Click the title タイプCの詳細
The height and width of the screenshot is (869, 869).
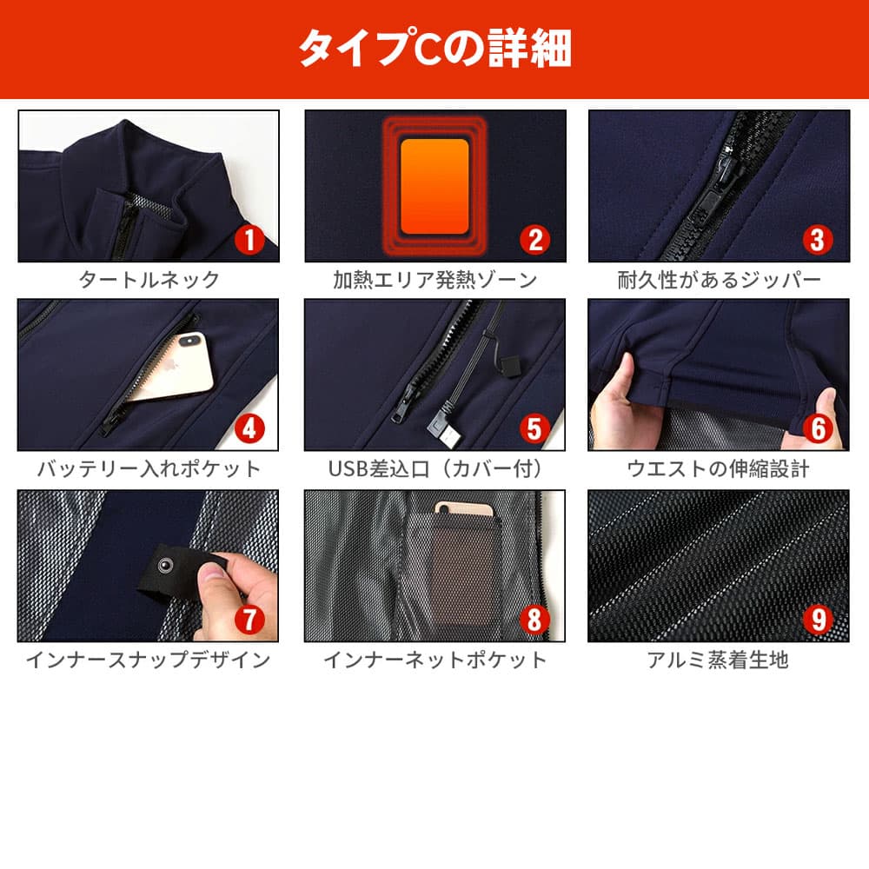(435, 48)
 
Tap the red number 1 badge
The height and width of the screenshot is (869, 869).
(249, 240)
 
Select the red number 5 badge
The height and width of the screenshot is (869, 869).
(534, 428)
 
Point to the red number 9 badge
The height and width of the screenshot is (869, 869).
(819, 620)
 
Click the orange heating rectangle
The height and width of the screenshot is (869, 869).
(434, 186)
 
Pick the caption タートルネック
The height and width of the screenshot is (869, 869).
(149, 280)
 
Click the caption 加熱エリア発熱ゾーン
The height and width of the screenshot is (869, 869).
(435, 280)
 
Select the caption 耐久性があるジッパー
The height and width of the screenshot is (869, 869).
(719, 280)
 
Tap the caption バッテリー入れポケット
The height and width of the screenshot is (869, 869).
(149, 469)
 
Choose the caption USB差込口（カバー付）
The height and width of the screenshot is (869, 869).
(435, 469)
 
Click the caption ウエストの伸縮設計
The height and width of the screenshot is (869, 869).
(719, 469)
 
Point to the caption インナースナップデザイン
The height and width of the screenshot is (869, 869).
(149, 660)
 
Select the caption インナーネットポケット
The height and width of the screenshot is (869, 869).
(435, 660)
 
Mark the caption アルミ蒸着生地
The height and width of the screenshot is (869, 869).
(719, 660)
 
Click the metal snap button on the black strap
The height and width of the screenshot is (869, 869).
(164, 566)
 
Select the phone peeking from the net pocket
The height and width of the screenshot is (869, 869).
(463, 509)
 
